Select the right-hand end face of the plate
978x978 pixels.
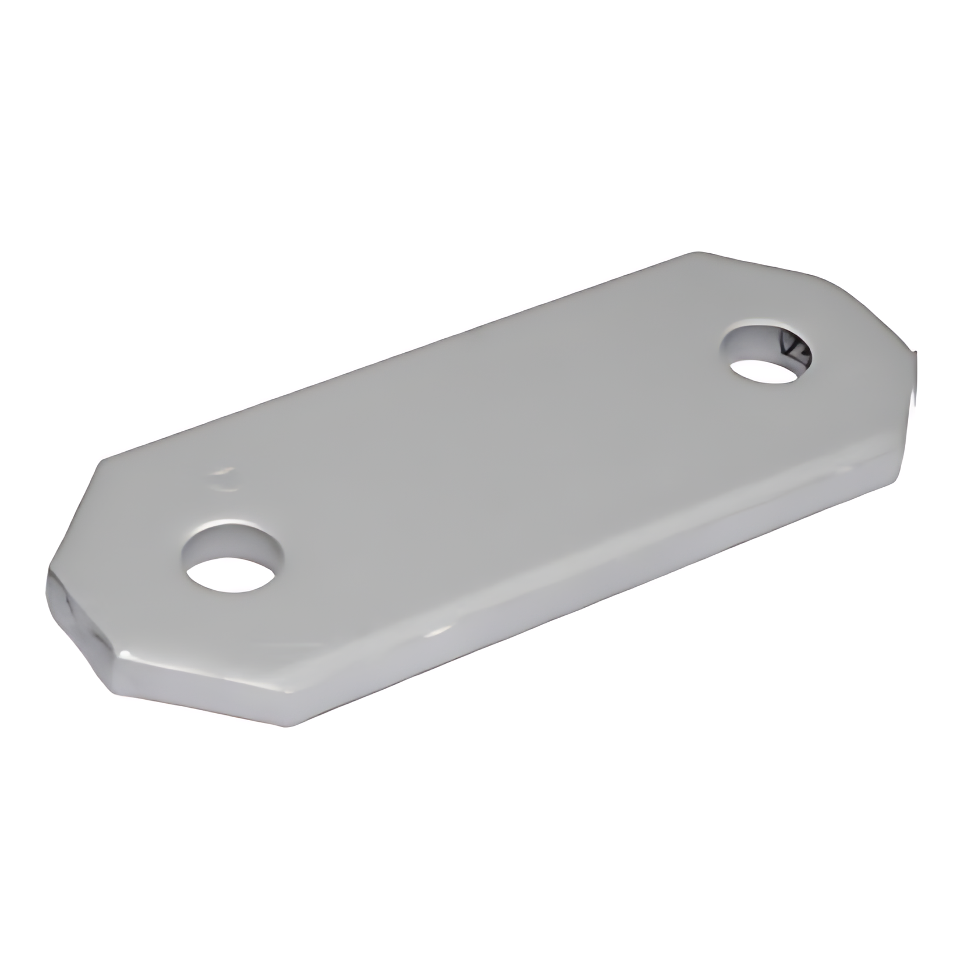click(911, 419)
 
